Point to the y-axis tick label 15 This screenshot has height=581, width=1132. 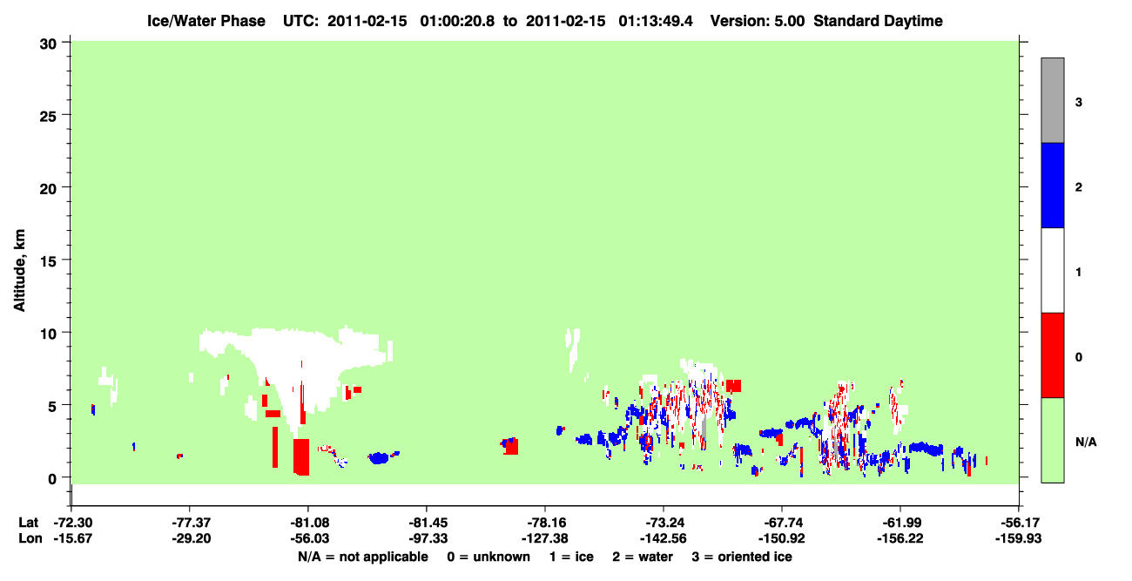pyautogui.click(x=48, y=261)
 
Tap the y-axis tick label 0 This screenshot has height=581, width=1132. pyautogui.click(x=52, y=479)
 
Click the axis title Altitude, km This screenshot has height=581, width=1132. pyautogui.click(x=19, y=270)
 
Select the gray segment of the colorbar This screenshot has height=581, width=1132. pyautogui.click(x=1053, y=100)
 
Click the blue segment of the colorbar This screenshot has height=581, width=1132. pyautogui.click(x=1053, y=185)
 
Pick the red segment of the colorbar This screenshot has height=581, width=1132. pyautogui.click(x=1053, y=355)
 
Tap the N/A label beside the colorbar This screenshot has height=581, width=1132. pyautogui.click(x=1086, y=442)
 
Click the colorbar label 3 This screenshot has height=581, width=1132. pyautogui.click(x=1078, y=102)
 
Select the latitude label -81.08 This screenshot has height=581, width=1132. pyautogui.click(x=307, y=523)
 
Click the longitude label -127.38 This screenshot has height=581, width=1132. pyautogui.click(x=545, y=538)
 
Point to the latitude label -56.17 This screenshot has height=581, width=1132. pyautogui.click(x=1019, y=523)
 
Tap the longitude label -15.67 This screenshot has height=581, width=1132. pyautogui.click(x=72, y=538)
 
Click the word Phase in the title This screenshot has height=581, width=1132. pyautogui.click(x=246, y=21)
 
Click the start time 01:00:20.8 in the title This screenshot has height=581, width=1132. pyautogui.click(x=457, y=21)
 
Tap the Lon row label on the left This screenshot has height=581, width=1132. pyautogui.click(x=30, y=538)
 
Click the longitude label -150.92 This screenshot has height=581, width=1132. pyautogui.click(x=781, y=538)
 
